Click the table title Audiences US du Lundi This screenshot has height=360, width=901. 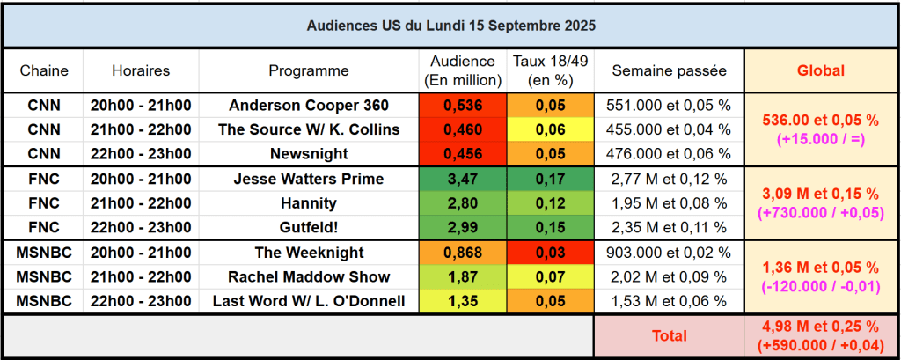[450, 26]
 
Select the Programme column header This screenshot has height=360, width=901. [309, 70]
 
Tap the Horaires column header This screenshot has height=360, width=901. [141, 70]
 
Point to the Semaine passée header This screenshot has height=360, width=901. [669, 70]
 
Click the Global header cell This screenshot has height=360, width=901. [820, 70]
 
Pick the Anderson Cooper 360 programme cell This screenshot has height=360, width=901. [309, 106]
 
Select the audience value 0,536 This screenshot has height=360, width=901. [464, 106]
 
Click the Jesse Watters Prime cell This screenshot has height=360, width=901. [309, 180]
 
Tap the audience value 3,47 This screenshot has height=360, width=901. [464, 180]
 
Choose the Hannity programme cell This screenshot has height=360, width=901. [309, 204]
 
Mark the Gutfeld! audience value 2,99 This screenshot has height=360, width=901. [464, 228]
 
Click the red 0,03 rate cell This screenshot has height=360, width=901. [551, 253]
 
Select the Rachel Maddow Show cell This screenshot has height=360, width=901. [309, 277]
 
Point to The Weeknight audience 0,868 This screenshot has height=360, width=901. [464, 253]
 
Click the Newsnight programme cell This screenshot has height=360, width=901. [309, 154]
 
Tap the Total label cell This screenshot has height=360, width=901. [669, 335]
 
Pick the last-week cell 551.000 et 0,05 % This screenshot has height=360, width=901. [669, 106]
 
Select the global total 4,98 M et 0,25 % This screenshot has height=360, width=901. [820, 327]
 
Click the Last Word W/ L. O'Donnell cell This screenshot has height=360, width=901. [309, 302]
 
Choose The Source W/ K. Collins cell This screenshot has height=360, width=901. [309, 130]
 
